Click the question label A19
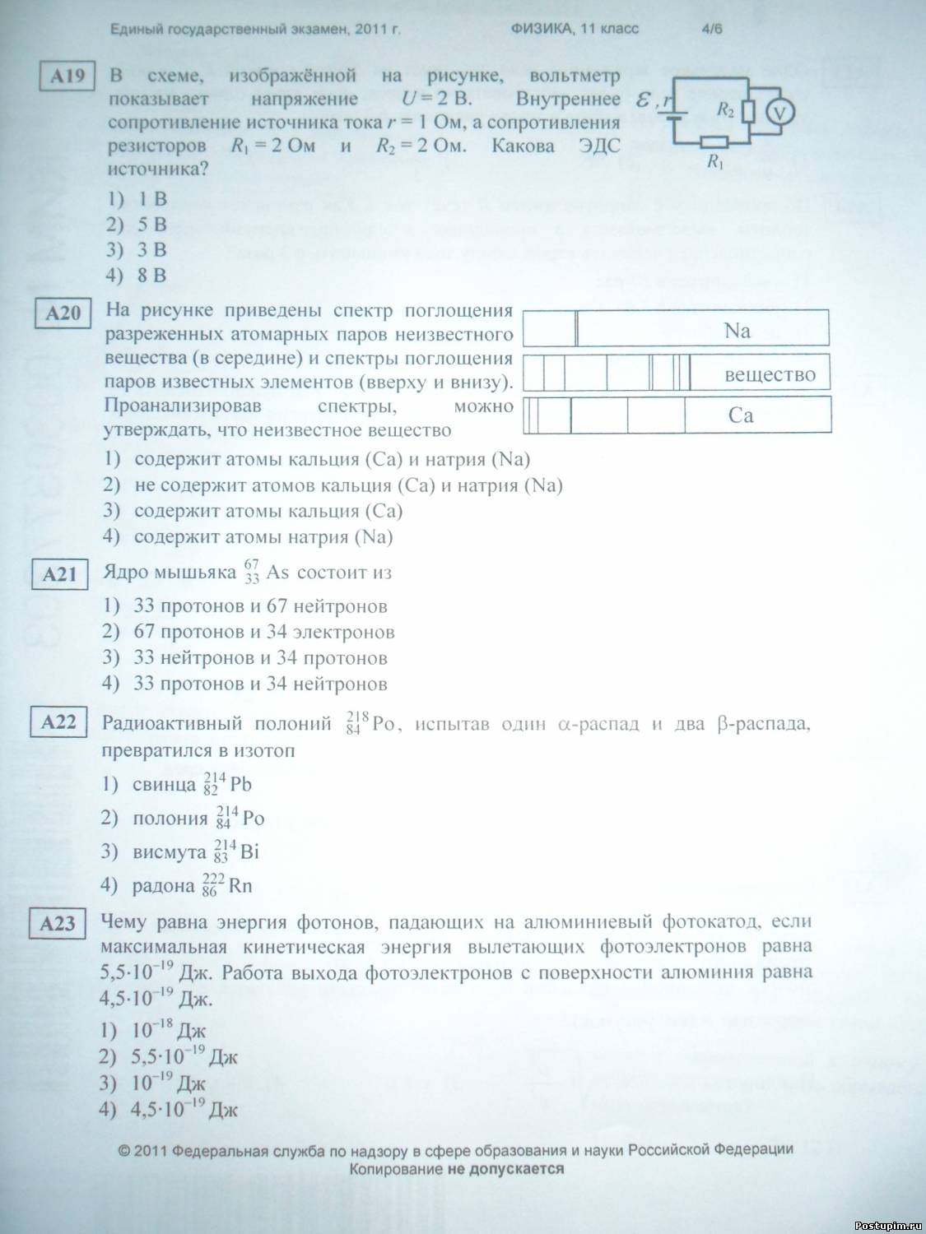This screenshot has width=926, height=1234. (67, 77)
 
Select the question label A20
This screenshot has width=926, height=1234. (63, 313)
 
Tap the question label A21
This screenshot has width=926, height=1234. (59, 574)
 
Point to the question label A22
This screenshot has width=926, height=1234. (58, 722)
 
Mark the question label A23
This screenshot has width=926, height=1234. (58, 924)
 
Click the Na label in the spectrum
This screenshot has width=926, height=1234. (737, 331)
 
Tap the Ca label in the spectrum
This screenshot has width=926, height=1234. (741, 415)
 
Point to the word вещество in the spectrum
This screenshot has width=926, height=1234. (770, 375)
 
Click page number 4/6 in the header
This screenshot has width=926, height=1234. (712, 29)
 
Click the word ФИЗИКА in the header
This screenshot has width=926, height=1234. (541, 29)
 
